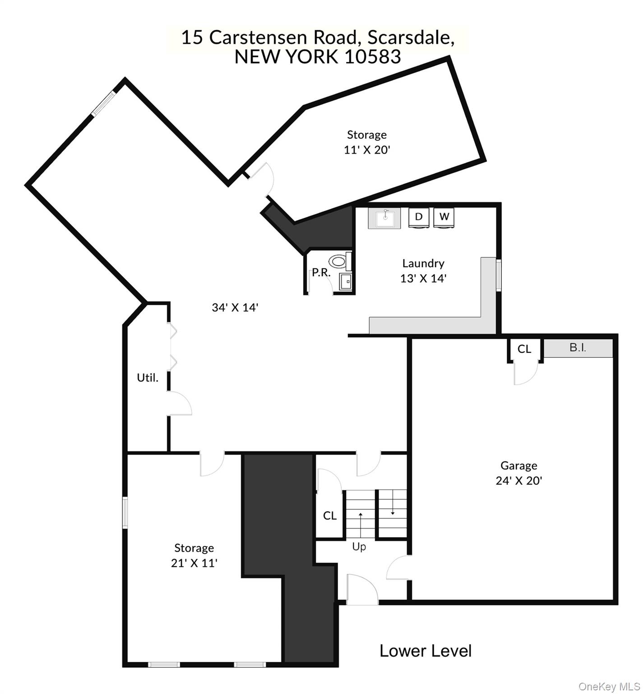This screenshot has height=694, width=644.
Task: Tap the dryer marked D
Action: (419, 217)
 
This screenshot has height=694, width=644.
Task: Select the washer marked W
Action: (444, 217)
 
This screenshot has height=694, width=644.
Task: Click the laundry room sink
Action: (384, 219)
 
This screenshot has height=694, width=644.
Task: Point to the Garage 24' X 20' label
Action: (519, 473)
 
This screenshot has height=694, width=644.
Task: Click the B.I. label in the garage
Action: (578, 348)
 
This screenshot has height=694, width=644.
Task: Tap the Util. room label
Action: (148, 378)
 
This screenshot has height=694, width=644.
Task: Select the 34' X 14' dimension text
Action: (235, 308)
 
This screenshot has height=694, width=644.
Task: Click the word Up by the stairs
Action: (359, 547)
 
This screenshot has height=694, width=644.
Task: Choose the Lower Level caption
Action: (426, 651)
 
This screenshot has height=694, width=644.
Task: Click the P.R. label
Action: (321, 273)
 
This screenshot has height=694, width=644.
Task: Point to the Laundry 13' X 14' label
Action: (423, 271)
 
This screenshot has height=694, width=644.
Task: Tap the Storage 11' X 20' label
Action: (367, 142)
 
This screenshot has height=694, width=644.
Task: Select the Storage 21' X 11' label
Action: (194, 555)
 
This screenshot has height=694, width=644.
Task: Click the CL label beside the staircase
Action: (330, 516)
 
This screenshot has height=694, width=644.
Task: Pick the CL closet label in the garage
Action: (524, 349)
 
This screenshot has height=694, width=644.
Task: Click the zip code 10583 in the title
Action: (372, 57)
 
